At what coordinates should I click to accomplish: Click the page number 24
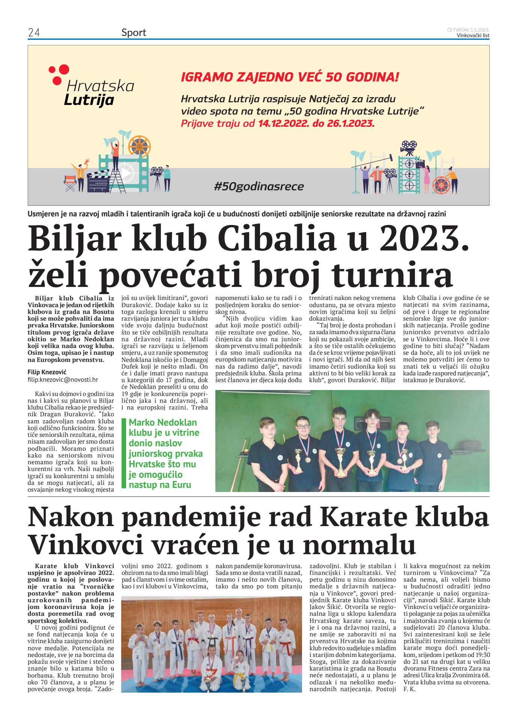34,33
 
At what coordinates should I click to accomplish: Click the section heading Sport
134,33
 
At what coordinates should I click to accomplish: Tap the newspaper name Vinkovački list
473,36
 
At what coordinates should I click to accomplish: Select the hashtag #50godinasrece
259,186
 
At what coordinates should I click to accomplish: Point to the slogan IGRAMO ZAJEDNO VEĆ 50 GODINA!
290,77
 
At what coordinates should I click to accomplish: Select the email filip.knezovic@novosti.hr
63,379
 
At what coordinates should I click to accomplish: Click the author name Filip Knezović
47,372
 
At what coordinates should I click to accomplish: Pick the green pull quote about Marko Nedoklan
164,453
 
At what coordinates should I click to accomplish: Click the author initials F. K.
409,689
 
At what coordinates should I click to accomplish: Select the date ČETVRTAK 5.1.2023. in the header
468,30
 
